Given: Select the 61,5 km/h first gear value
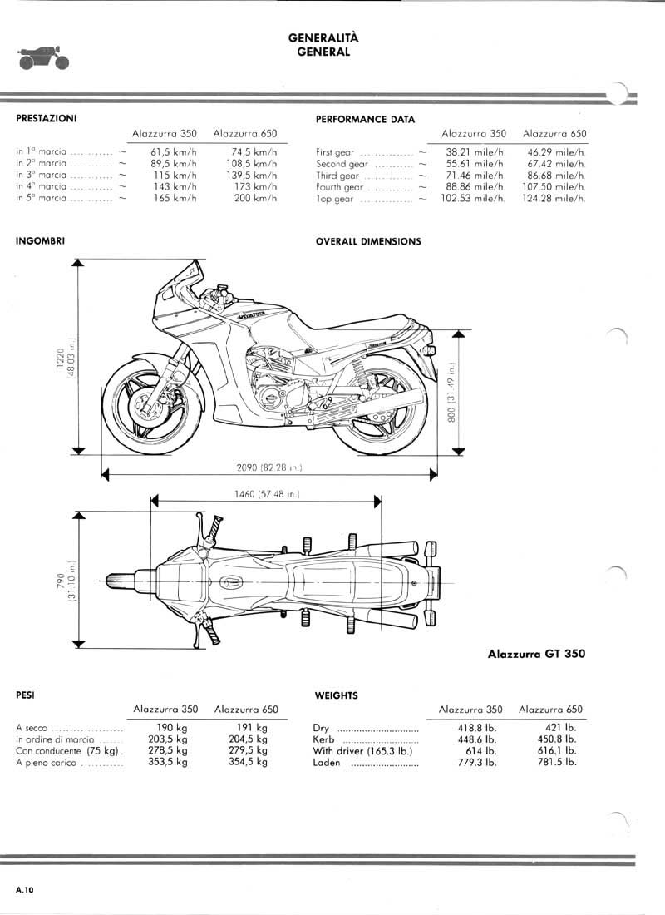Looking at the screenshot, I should [175, 152].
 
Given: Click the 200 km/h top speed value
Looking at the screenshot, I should [255, 199].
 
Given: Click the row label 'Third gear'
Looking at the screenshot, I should [337, 176].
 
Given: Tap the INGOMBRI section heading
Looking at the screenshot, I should [41, 241].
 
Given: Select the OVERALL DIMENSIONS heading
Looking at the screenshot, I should [368, 242].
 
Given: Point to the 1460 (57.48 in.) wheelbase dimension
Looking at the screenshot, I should [266, 494].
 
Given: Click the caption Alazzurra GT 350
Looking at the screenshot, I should [535, 654].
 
